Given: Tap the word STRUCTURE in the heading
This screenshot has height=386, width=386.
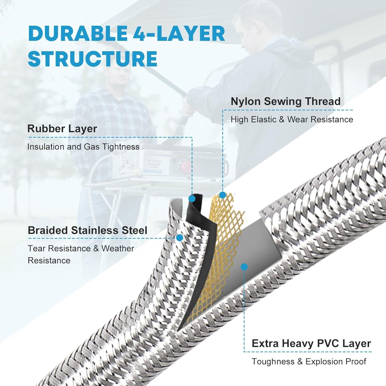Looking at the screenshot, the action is pyautogui.click(x=93, y=59).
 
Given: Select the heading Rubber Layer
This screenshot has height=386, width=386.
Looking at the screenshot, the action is pyautogui.click(x=62, y=129).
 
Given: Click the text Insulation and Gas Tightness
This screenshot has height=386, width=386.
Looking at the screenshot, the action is pyautogui.click(x=83, y=147).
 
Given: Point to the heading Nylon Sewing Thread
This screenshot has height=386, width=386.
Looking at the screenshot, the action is pyautogui.click(x=286, y=101).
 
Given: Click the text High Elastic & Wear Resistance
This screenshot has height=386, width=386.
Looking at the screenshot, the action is pyautogui.click(x=292, y=119).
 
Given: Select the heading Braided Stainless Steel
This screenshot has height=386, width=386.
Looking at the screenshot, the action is pyautogui.click(x=87, y=230).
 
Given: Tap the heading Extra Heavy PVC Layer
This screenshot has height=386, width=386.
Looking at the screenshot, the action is pyautogui.click(x=311, y=344).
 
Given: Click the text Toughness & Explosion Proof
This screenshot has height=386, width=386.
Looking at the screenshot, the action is pyautogui.click(x=309, y=362).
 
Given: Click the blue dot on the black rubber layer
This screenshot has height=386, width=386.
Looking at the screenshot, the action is pyautogui.click(x=192, y=198).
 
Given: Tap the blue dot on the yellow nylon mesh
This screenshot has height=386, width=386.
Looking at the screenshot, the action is pyautogui.click(x=222, y=195).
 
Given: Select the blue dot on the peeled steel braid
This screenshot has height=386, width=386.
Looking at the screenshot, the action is pyautogui.click(x=180, y=238).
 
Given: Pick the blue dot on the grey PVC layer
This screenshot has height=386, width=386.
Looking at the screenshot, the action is pyautogui.click(x=244, y=267).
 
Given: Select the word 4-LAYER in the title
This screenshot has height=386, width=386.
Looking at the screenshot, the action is pyautogui.click(x=179, y=34).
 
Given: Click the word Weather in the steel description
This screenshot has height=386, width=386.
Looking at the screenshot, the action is pyautogui.click(x=118, y=249).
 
